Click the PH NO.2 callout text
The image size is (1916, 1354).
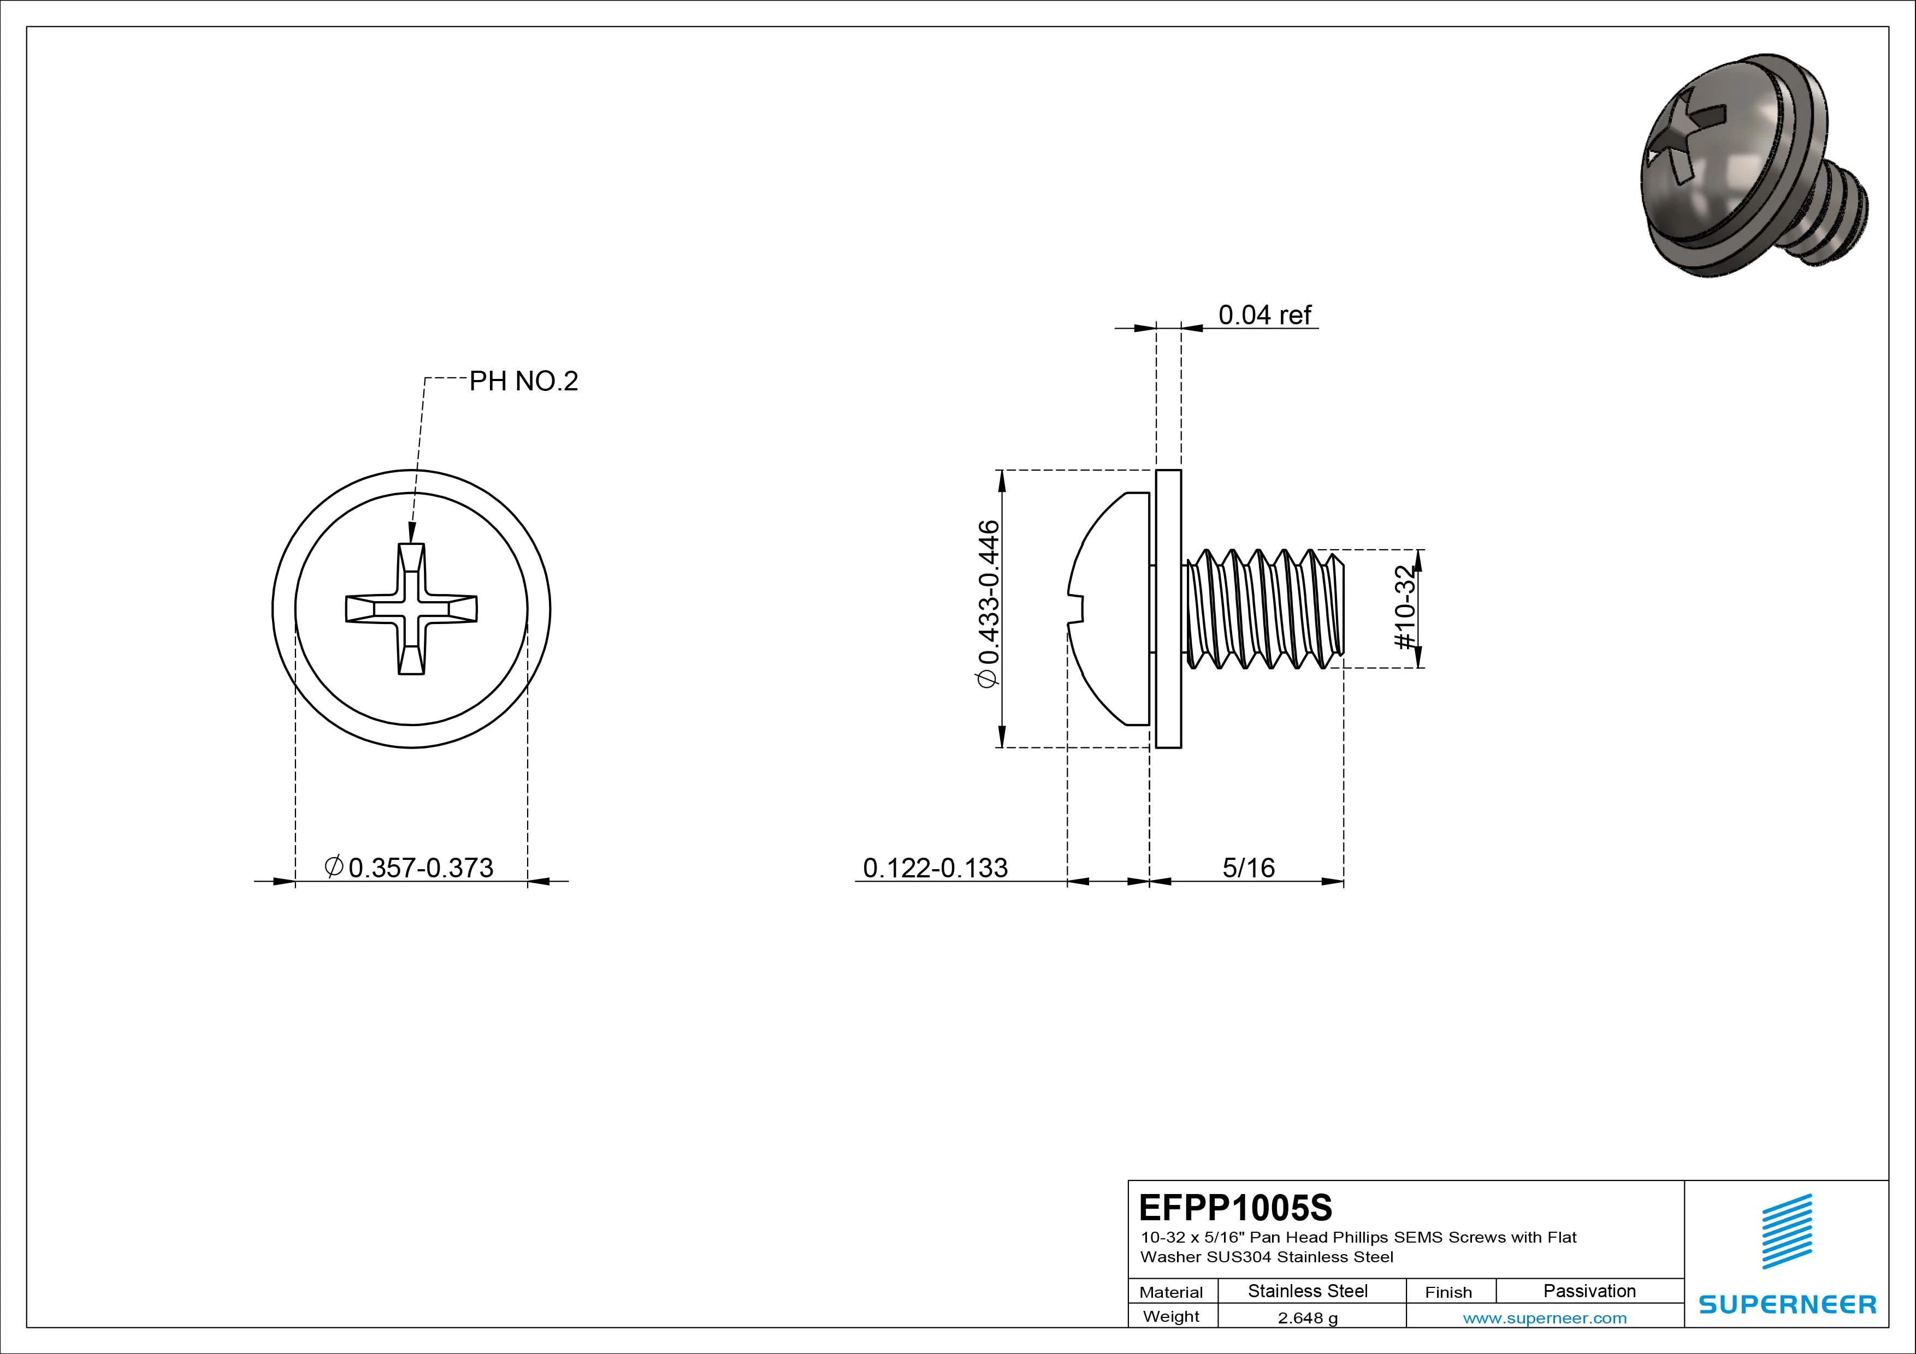pyautogui.click(x=523, y=381)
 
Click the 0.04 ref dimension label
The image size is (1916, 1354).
pyautogui.click(x=1264, y=316)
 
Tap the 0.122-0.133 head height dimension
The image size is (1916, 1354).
pyautogui.click(x=935, y=868)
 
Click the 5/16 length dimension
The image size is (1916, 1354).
pyautogui.click(x=1249, y=868)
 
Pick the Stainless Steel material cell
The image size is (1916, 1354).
pyautogui.click(x=1308, y=1291)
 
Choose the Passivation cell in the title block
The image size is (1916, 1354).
pyautogui.click(x=1589, y=1291)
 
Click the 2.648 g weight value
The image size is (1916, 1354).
pyautogui.click(x=1308, y=1318)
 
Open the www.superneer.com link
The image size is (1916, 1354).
pyautogui.click(x=1545, y=1318)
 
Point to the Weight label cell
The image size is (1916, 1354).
pyautogui.click(x=1171, y=1316)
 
